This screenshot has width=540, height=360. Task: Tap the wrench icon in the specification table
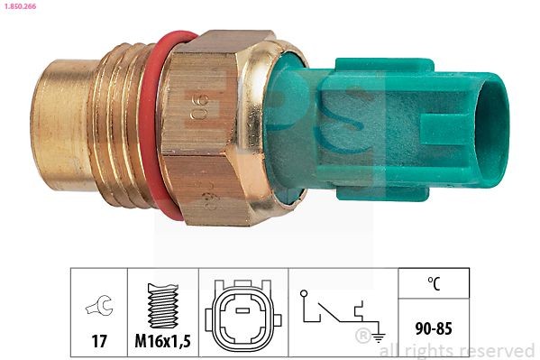pos(98,307)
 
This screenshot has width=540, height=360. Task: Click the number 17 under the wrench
pos(99,341)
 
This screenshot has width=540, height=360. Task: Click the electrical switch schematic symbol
pos(338,311)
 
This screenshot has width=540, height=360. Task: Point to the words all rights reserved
pos(456,350)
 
